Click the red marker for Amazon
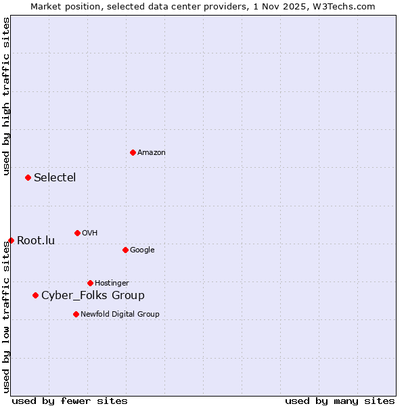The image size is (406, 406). tap(133, 152)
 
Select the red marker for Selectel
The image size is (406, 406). tap(28, 177)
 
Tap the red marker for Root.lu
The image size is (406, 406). tap(11, 240)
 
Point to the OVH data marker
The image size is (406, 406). tap(77, 233)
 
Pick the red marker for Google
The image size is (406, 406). tap(125, 250)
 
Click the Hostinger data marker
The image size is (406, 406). tap(90, 283)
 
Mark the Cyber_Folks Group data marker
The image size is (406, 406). tap(35, 295)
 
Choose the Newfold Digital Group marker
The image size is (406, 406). tap(76, 314)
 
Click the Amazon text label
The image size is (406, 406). tap(152, 153)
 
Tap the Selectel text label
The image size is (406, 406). tap(55, 178)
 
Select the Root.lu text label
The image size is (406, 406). tap(36, 241)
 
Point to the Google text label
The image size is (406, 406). tap(142, 250)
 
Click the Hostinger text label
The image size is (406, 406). tap(112, 284)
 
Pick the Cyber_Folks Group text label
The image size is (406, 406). tap(93, 296)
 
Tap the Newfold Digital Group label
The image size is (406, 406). tap(120, 315)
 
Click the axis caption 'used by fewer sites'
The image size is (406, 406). tap(70, 401)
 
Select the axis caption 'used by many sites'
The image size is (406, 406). tap(340, 401)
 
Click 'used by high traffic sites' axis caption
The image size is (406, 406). tap(6, 97)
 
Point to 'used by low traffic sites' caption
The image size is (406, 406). tap(6, 317)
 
